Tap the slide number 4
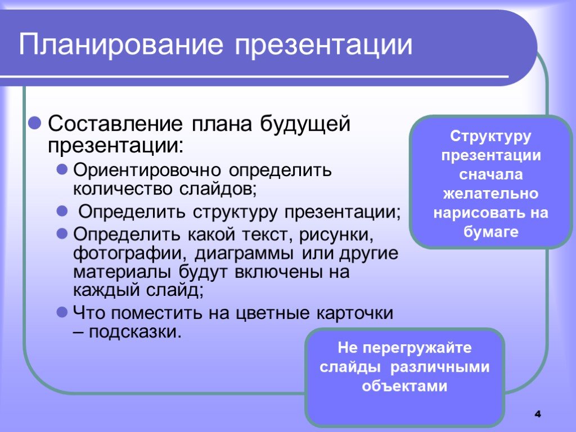tap(538, 414)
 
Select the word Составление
tap(115, 123)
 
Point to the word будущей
tap(305, 124)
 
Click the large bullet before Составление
tap(34, 123)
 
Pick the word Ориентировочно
tap(147, 170)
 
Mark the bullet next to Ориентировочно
tap(62, 169)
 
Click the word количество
tap(123, 189)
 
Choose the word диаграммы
tap(244, 254)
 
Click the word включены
tap(276, 272)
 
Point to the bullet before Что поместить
tap(62, 312)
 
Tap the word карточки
tap(355, 313)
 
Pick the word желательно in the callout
tap(490, 193)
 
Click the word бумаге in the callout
tap(490, 232)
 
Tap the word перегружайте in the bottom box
tap(417, 348)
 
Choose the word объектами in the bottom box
tap(404, 386)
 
